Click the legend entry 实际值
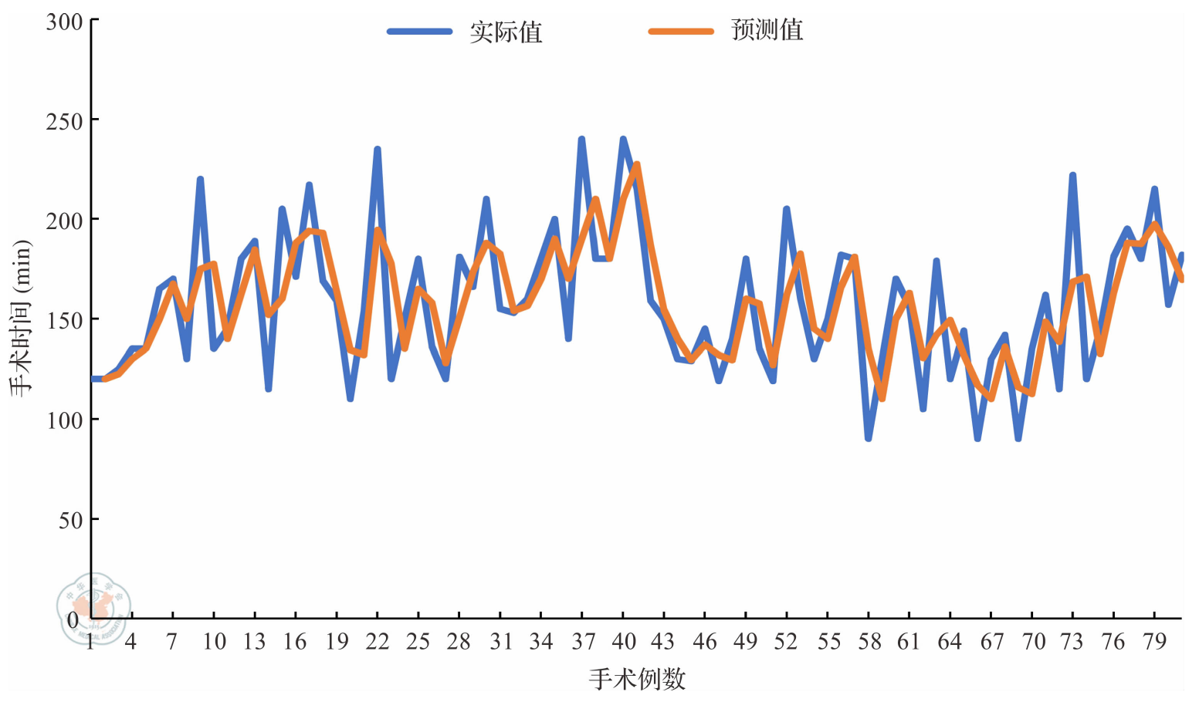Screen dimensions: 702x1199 tap(506, 32)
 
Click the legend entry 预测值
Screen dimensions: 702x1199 tap(767, 31)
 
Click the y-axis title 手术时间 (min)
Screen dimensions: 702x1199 tap(21, 318)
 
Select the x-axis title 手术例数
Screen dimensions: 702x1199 tap(637, 679)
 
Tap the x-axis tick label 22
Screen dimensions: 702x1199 tap(377, 642)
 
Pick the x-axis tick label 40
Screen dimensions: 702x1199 tap(623, 642)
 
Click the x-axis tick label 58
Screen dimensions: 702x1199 tap(869, 642)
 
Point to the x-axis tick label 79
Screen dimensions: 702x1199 tap(1154, 642)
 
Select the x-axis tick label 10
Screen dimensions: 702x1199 tap(214, 642)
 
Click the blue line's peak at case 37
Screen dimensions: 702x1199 tap(581, 140)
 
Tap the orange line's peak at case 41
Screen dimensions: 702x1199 tap(636, 164)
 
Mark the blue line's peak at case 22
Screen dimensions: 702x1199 tap(378, 149)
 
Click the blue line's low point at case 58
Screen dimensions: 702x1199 tap(869, 438)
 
